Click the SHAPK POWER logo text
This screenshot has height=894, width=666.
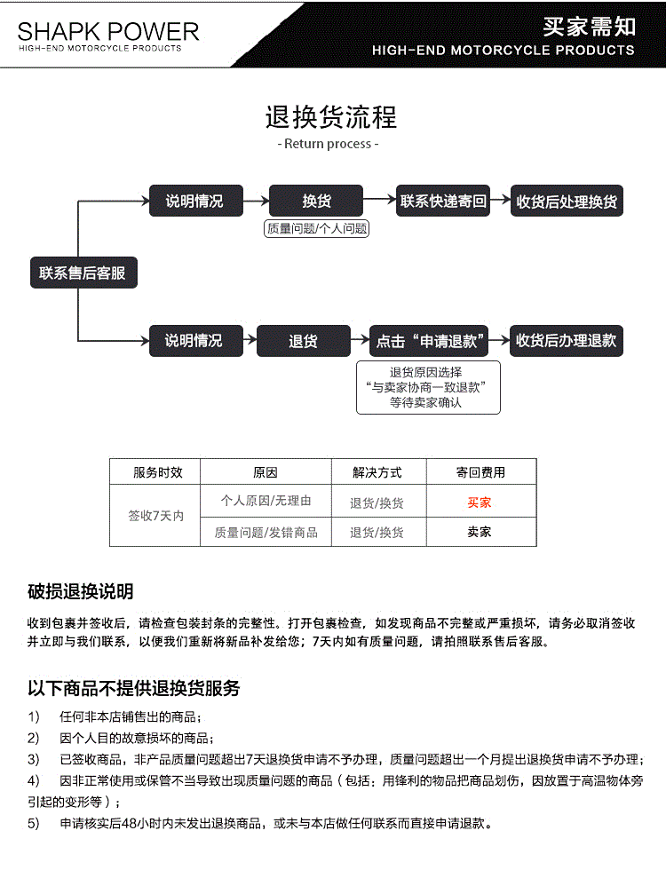(108, 33)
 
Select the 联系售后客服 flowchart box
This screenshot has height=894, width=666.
(83, 273)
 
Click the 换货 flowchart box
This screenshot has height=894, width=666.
(316, 202)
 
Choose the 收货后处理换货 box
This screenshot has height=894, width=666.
(567, 202)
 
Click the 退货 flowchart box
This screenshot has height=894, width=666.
(304, 341)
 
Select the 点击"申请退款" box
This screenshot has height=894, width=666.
(431, 341)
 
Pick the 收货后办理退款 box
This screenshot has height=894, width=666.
(566, 341)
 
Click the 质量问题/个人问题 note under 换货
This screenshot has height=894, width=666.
(317, 228)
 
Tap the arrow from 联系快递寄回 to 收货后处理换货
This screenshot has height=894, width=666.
(501, 201)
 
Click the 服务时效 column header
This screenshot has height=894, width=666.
(155, 472)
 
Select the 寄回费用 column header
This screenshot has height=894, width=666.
(480, 472)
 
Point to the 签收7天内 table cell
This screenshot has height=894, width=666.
(155, 516)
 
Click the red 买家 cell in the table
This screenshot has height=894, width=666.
(480, 502)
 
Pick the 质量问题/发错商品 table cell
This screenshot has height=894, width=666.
(266, 533)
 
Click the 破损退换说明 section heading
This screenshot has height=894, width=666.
(81, 592)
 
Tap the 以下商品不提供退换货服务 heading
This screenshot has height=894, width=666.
(133, 688)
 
